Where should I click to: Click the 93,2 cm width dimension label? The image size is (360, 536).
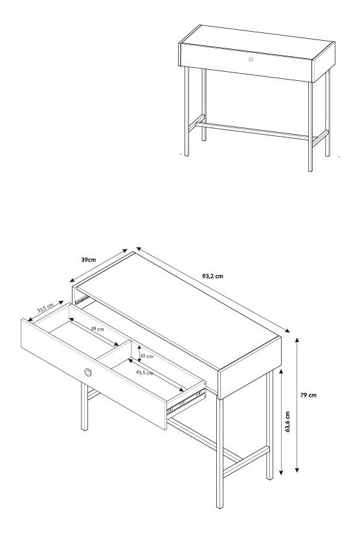212,276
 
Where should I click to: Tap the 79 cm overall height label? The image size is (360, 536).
308,395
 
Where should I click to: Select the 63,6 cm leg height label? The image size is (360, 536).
287,422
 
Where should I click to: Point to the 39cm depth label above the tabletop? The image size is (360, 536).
89,260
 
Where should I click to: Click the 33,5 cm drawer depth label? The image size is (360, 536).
45,307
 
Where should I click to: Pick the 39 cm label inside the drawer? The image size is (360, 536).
97,329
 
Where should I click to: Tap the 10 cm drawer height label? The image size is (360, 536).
147,356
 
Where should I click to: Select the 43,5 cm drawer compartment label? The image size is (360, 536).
145,373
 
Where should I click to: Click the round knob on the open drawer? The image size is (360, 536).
88,372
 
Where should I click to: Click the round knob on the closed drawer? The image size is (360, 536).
251,60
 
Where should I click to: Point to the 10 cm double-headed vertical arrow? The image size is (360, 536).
139,353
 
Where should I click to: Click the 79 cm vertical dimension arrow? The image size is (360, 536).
297,405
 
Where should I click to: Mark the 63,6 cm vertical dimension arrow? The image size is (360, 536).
281,422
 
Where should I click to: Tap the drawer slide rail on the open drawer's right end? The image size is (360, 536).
186,400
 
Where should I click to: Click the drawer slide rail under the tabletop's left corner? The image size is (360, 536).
82,300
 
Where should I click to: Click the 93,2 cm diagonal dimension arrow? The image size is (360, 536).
213,289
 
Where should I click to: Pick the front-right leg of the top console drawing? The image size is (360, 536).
310,126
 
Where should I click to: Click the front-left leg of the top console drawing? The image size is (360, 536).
186,111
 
